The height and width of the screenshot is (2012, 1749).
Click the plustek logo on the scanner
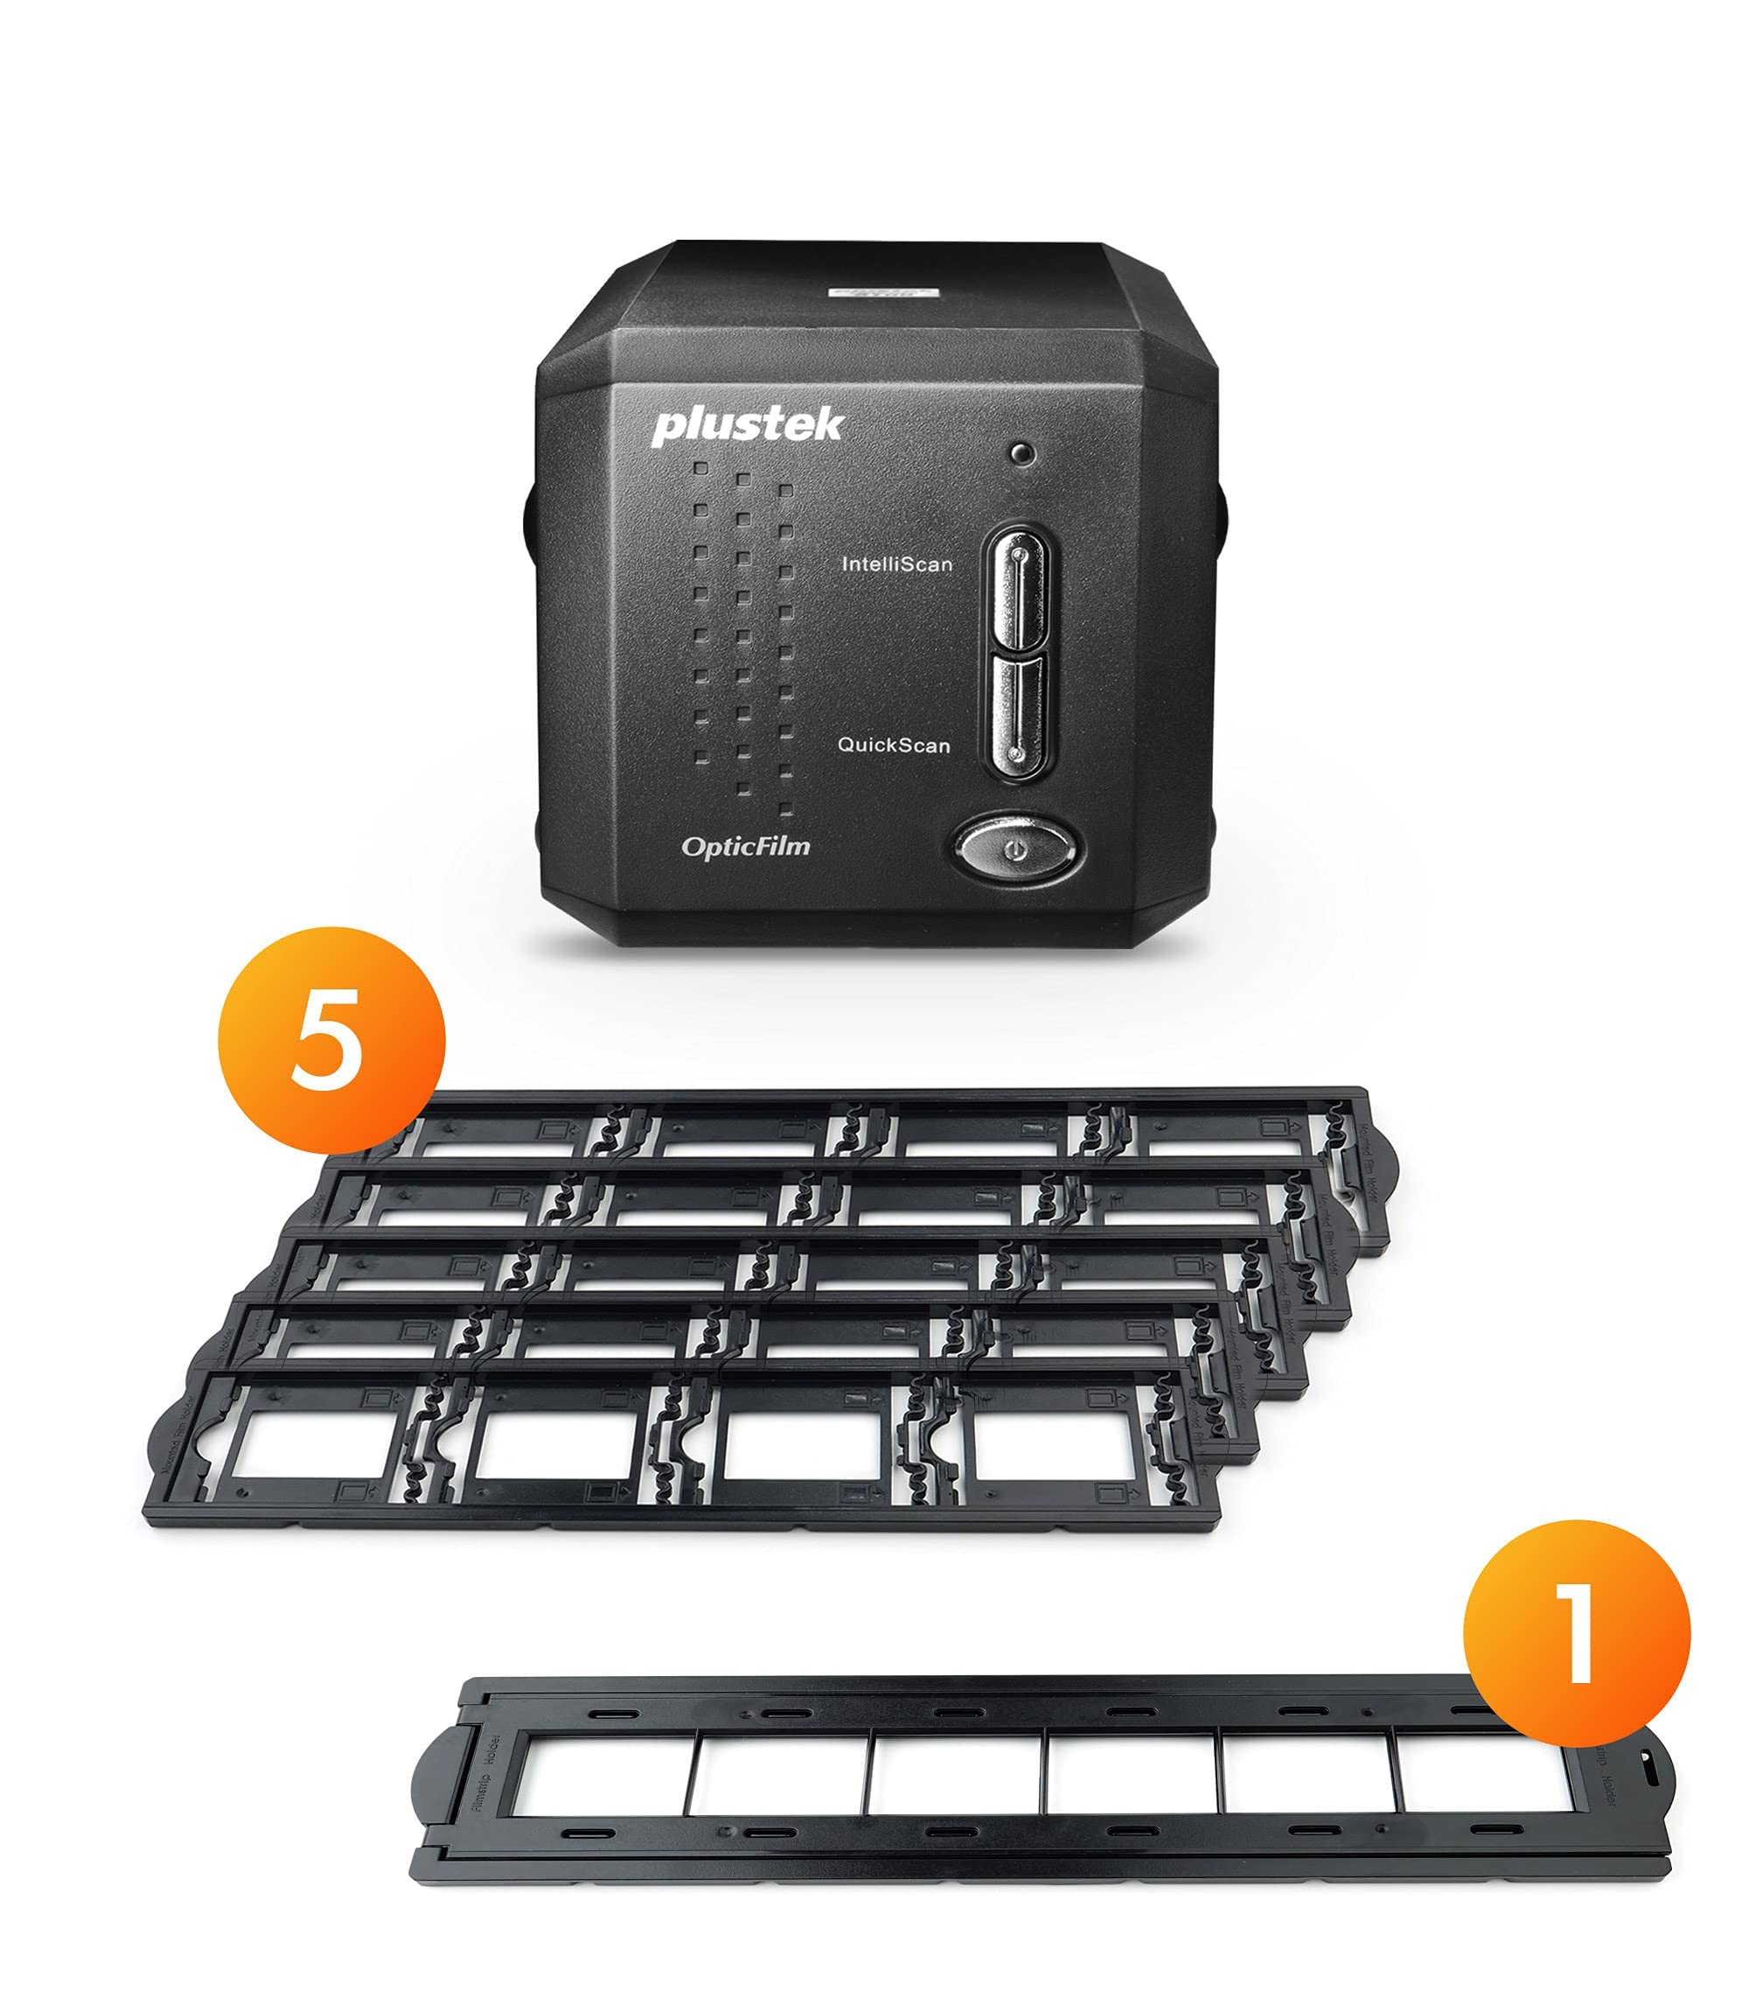click(747, 427)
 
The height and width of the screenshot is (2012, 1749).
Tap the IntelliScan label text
click(896, 564)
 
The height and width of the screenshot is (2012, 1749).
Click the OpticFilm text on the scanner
click(746, 847)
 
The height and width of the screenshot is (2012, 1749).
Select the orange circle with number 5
click(331, 1040)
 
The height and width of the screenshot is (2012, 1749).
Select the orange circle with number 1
click(1576, 1632)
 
